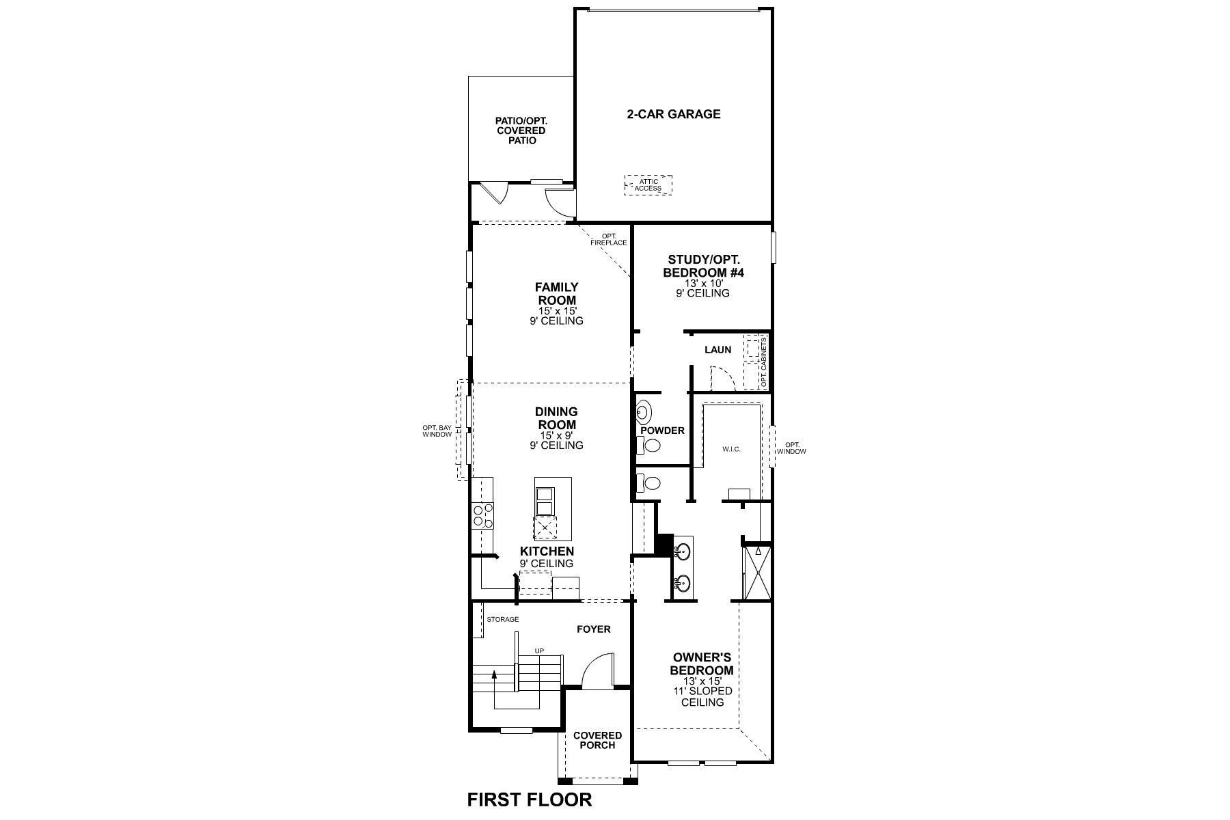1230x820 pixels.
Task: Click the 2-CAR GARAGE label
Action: pos(673,114)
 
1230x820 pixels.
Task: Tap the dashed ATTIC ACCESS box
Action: pos(648,185)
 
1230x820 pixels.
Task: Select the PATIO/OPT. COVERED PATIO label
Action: pos(521,131)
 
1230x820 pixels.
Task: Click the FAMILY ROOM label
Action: pos(556,294)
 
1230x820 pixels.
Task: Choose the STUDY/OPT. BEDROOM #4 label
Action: pos(704,266)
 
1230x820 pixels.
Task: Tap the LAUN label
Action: pos(717,350)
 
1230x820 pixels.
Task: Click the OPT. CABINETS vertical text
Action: pos(764,362)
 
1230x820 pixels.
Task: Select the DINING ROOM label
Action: pos(556,418)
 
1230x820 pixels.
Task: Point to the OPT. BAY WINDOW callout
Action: pos(437,430)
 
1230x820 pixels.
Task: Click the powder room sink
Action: pos(644,412)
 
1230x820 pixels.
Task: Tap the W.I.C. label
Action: pos(731,449)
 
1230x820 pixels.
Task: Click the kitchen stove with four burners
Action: pos(482,516)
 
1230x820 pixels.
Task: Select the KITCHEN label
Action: pos(547,551)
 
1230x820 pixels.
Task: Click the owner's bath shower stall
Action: pos(757,573)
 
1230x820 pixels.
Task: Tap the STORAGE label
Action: pos(502,620)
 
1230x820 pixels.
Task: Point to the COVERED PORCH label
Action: pos(597,740)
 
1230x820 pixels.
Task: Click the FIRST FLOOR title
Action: pos(530,799)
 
